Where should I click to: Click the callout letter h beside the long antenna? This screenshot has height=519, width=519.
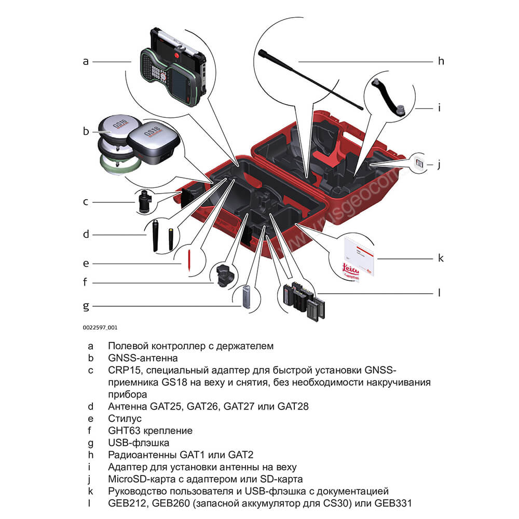tap(441, 61)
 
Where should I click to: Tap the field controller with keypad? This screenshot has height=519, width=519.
tap(171, 73)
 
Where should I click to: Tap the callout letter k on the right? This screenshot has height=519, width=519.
tap(441, 258)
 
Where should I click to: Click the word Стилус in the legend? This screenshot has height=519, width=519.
tap(125, 418)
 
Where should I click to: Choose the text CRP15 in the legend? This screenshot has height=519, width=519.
tap(122, 370)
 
